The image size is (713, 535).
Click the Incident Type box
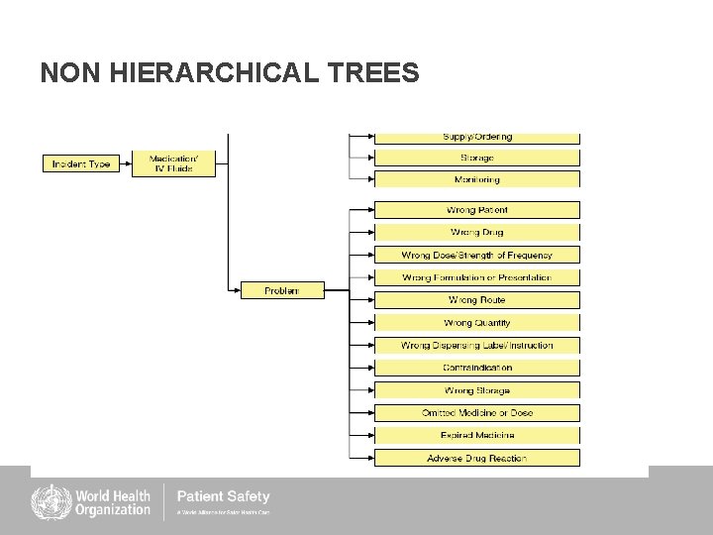pos(81,163)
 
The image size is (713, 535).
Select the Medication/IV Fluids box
pos(170,163)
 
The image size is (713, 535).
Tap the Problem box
pos(282,290)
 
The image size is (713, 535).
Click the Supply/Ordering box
pos(476,138)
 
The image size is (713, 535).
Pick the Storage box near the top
pos(476,158)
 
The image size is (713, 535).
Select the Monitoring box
pos(476,179)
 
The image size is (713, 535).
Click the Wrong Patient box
pos(476,210)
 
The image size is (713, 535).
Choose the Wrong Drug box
pos(476,232)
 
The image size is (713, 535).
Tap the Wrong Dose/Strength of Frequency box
pos(476,255)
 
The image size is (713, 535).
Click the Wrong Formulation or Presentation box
pos(476,277)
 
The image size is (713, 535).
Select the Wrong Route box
pos(476,299)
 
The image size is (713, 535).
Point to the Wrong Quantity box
pos(476,322)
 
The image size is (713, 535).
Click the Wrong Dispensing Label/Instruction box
pos(476,345)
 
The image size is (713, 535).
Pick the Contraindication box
pos(476,368)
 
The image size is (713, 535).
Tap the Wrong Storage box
pos(476,390)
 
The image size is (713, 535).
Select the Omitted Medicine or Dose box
pos(476,412)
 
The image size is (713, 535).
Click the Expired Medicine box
pos(476,435)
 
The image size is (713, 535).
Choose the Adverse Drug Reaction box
pos(476,458)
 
